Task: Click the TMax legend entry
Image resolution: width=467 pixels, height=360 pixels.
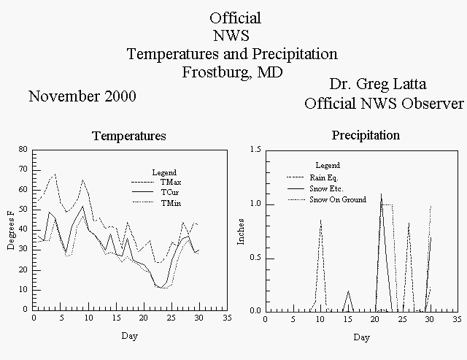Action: click(x=156, y=182)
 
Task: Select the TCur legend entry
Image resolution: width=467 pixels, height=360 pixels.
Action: click(x=155, y=192)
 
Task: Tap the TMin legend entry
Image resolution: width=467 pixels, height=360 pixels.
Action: click(x=157, y=203)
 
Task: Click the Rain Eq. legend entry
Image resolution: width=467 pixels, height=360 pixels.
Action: click(x=312, y=177)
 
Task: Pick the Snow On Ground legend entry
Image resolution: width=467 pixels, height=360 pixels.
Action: click(x=327, y=199)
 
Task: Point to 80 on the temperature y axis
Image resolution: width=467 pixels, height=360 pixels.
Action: click(x=23, y=149)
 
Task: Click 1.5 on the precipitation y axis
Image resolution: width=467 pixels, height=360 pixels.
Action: click(x=255, y=149)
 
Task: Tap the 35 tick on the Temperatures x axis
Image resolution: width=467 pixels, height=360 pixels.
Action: click(x=227, y=318)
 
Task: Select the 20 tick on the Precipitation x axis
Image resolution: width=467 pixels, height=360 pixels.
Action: click(x=375, y=319)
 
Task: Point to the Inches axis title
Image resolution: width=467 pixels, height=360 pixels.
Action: click(x=241, y=232)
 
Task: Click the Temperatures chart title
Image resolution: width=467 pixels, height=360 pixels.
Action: click(x=129, y=136)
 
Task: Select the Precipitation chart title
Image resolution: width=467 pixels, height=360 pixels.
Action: click(x=366, y=135)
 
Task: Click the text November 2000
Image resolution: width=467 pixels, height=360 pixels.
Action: click(x=82, y=96)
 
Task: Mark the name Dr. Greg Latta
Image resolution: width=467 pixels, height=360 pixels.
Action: click(x=378, y=84)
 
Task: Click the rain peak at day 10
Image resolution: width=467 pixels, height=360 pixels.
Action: click(x=321, y=220)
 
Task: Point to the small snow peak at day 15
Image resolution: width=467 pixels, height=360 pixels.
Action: click(x=348, y=291)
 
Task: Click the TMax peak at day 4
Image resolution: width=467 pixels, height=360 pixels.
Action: click(x=55, y=174)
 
